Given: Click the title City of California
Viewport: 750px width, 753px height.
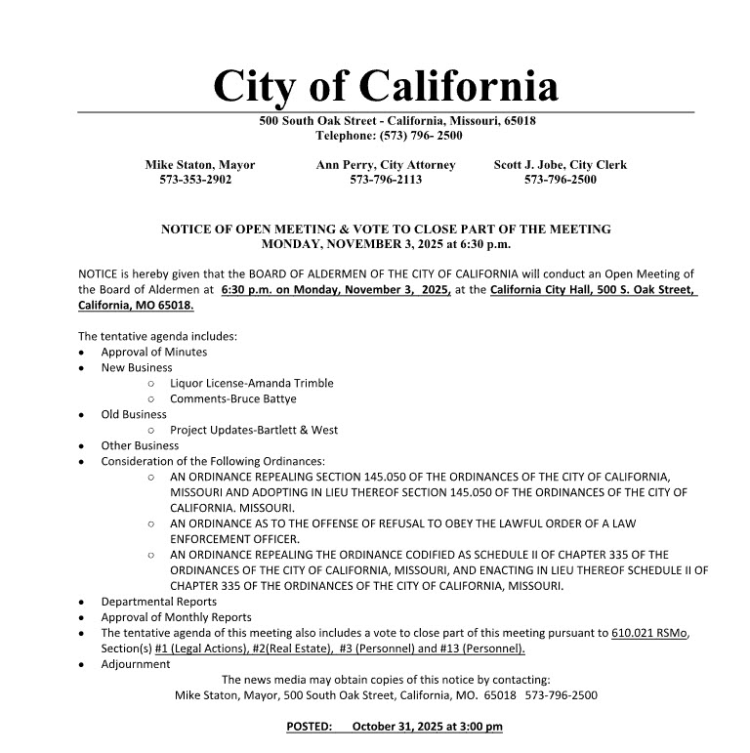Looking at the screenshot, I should [x=386, y=86].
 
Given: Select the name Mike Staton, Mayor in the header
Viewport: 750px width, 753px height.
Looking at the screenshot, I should [x=200, y=165].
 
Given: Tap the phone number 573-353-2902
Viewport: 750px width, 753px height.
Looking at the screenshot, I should [x=195, y=180].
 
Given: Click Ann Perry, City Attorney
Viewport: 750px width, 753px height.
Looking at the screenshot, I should [x=386, y=165].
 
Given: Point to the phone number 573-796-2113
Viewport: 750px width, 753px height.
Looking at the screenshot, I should [x=386, y=180].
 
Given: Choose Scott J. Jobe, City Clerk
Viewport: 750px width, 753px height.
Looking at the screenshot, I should [x=561, y=165].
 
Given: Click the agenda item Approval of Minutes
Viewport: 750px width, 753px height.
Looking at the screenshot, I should [x=154, y=352].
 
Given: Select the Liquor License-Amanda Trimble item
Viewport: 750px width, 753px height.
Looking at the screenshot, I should [x=251, y=383].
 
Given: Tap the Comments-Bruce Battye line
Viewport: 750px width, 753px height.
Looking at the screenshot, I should [x=232, y=398].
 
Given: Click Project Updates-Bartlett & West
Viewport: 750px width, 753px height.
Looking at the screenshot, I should [x=254, y=430].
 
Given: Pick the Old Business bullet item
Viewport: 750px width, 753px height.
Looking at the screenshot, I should [x=134, y=414].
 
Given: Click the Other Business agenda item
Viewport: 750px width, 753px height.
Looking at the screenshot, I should [x=140, y=445].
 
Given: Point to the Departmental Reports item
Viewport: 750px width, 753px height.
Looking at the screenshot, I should [x=159, y=602].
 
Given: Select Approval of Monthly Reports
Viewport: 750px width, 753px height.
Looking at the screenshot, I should [x=176, y=617].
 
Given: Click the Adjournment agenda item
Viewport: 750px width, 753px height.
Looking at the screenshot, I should [x=136, y=664].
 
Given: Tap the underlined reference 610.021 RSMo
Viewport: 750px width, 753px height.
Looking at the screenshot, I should [x=649, y=633].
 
